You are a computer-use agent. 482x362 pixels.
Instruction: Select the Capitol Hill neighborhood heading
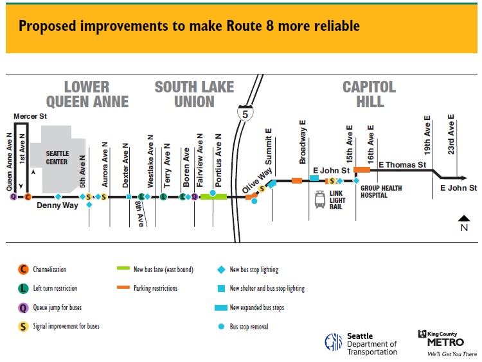[x=369, y=94]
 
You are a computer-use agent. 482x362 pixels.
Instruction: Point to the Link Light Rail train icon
[x=319, y=200]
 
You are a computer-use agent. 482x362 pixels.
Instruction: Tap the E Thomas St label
[x=403, y=165]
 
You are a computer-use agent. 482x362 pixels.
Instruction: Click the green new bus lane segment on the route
[x=214, y=196]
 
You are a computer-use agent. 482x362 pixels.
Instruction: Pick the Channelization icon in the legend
[x=23, y=270]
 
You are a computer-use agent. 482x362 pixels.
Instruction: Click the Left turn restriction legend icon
[x=23, y=289]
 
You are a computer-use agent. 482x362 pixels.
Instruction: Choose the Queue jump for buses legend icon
[x=23, y=307]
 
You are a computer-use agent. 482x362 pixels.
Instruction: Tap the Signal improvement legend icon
[x=23, y=326]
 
